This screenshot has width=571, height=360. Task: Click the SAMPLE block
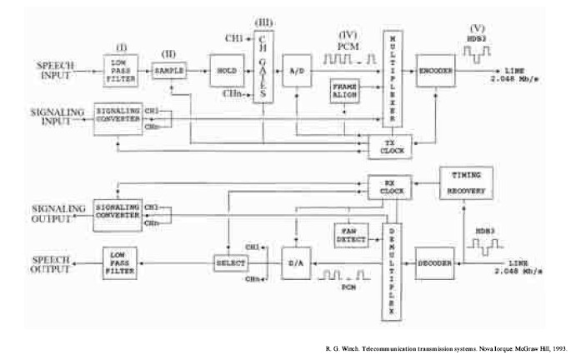(x=170, y=72)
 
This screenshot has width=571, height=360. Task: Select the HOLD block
(x=224, y=72)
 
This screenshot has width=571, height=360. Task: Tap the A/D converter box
(x=296, y=72)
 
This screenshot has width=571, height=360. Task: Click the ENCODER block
(x=436, y=72)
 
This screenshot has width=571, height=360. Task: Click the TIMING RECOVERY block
(x=466, y=182)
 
